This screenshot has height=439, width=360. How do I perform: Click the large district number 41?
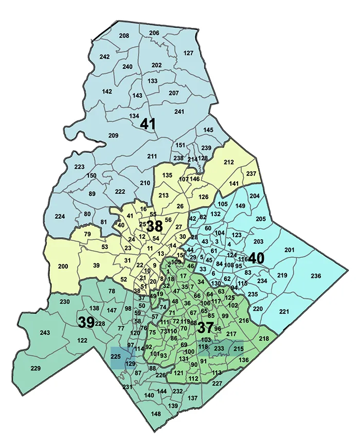(148, 125)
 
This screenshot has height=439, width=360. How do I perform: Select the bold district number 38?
(154, 226)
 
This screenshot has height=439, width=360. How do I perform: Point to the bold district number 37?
(205, 326)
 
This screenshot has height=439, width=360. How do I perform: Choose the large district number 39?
(86, 322)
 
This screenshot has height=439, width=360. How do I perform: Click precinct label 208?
(124, 36)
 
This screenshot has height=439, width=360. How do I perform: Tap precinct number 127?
(188, 53)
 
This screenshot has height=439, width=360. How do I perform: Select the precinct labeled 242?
(105, 57)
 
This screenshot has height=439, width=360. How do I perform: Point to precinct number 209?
(114, 135)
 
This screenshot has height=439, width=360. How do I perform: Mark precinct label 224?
(60, 217)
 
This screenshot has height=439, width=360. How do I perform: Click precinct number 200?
(63, 267)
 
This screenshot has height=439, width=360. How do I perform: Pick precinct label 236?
(315, 276)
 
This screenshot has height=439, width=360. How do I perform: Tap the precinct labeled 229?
(35, 368)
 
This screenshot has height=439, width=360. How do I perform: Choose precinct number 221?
(284, 312)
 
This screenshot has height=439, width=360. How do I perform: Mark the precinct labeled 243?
(45, 333)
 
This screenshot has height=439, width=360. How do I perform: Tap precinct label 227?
(217, 383)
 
